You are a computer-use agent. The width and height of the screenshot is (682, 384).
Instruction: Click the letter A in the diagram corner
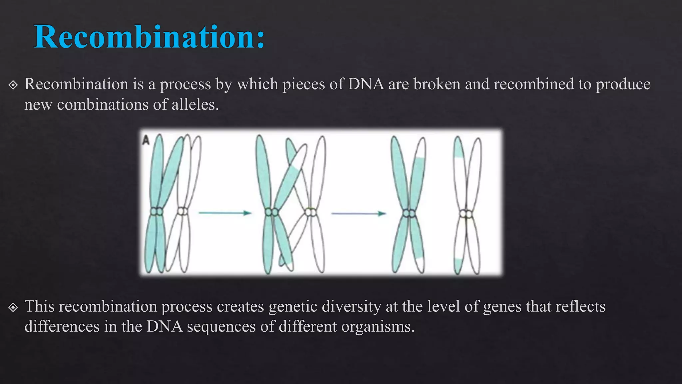coord(146,140)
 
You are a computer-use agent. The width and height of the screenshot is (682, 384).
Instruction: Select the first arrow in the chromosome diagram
coord(225,213)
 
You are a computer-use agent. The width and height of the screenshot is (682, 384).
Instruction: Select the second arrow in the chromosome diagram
coord(358,213)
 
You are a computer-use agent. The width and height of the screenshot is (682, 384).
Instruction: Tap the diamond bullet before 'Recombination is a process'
coord(13,85)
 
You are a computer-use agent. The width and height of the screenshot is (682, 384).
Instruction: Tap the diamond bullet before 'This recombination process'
coord(13,307)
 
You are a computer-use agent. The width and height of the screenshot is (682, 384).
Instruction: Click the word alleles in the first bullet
coord(194,105)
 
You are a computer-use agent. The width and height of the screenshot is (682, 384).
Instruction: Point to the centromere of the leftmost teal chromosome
coord(156,211)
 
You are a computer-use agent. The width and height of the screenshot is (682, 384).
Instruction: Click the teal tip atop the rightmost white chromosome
coord(458,148)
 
